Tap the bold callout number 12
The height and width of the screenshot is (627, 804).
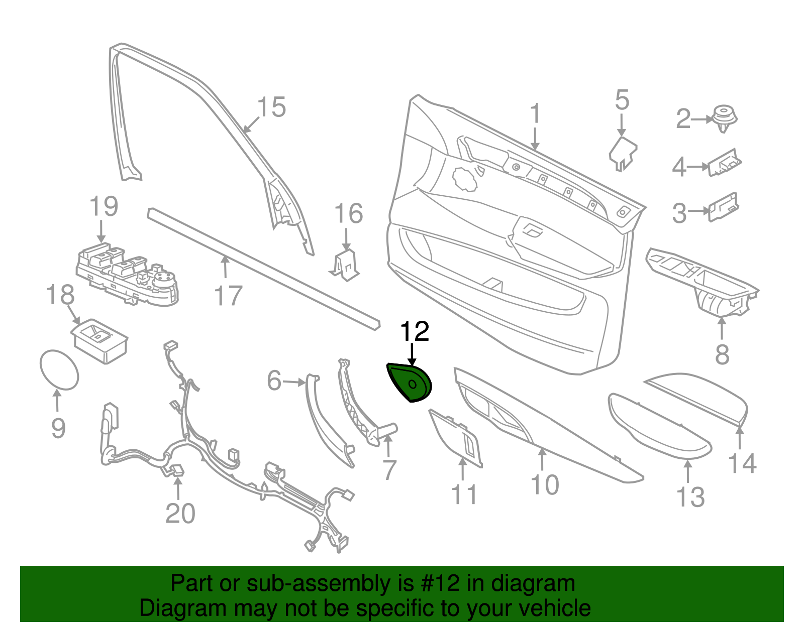click(415, 332)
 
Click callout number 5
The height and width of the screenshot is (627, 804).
click(622, 100)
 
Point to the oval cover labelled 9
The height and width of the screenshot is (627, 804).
click(59, 369)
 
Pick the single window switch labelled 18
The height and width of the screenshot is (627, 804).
click(99, 339)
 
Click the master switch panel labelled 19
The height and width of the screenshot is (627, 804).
click(128, 275)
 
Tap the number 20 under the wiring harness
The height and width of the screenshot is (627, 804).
click(180, 514)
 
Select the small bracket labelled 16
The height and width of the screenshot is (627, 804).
click(345, 264)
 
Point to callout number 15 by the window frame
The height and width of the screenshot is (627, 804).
click(271, 107)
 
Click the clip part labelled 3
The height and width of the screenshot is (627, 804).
click(724, 206)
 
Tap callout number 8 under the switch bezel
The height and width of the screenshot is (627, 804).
click(722, 355)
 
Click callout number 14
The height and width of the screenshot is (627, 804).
click(742, 463)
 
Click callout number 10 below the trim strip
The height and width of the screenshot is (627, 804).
click(545, 485)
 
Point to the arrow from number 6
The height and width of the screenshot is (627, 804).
click(294, 383)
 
